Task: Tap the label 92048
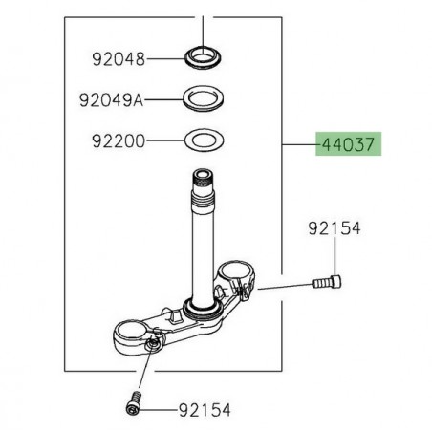click(119, 59)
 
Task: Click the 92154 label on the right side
click(336, 229)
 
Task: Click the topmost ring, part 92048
click(206, 56)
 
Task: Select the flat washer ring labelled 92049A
click(206, 97)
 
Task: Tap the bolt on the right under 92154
click(327, 284)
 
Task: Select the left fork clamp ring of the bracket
click(132, 335)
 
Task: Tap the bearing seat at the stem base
click(203, 308)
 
